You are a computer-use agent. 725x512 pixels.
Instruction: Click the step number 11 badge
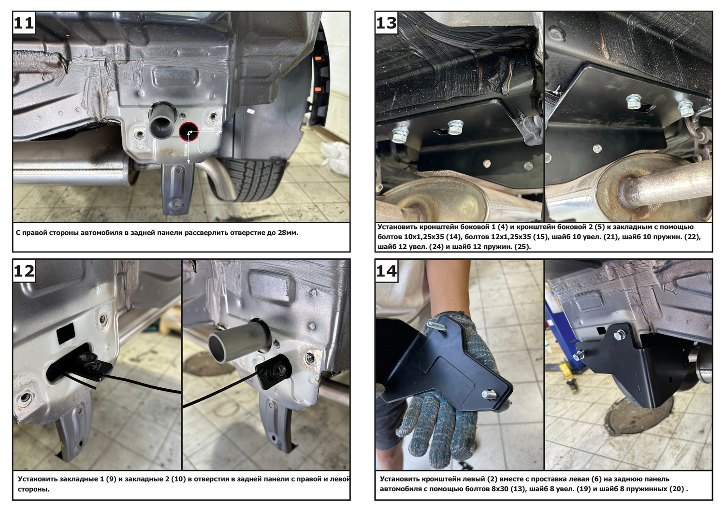[24, 23]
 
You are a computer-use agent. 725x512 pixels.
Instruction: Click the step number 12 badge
[24, 270]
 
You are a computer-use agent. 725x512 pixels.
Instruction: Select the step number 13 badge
[387, 23]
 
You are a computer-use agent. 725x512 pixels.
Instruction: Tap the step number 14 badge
[387, 270]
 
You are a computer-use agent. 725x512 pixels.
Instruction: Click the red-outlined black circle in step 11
[189, 132]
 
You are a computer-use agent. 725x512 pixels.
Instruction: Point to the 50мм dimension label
[208, 128]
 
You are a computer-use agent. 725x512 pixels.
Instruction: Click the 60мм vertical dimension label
[186, 149]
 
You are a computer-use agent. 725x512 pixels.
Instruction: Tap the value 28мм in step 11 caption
[288, 232]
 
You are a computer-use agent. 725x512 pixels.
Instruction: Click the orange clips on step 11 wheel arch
[317, 74]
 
